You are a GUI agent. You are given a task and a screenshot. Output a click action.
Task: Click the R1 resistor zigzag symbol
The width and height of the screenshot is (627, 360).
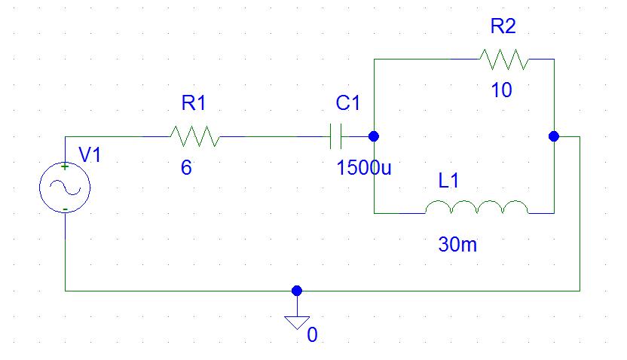(x=195, y=136)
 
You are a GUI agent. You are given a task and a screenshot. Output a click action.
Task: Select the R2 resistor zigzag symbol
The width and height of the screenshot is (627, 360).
(x=504, y=59)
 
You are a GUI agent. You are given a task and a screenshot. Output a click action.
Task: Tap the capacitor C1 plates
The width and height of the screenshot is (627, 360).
(x=335, y=136)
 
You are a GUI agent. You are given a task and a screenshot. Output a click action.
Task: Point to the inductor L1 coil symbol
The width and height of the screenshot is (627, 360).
(x=476, y=207)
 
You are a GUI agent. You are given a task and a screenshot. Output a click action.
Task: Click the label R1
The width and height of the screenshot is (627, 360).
(x=194, y=102)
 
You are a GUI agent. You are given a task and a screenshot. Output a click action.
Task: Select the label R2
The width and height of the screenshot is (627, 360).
(x=503, y=26)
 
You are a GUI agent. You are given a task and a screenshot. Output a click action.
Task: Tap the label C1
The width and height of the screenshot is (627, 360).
(x=348, y=102)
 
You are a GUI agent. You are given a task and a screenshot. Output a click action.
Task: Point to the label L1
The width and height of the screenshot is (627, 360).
(x=448, y=180)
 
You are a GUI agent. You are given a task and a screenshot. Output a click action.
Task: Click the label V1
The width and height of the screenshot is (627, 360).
(x=90, y=154)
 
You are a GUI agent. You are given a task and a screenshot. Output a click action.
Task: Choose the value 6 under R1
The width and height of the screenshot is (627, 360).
(x=186, y=167)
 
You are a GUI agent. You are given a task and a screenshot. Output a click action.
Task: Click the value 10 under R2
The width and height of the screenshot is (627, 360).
(x=501, y=90)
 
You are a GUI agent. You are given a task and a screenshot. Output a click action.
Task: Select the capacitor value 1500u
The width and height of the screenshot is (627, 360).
(x=364, y=167)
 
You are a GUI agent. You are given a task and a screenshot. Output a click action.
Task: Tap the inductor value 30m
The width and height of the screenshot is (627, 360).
(x=458, y=244)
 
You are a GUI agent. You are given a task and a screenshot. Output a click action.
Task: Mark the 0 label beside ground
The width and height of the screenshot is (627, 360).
(x=312, y=335)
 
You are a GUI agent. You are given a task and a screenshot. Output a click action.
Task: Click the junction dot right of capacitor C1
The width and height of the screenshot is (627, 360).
(x=374, y=136)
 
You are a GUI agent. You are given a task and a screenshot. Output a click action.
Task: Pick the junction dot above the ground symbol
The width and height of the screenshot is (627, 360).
(x=297, y=291)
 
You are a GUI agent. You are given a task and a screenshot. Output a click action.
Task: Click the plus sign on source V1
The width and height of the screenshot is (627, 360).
(x=65, y=166)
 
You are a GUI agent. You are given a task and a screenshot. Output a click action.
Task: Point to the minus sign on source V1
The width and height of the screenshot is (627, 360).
(x=65, y=209)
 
